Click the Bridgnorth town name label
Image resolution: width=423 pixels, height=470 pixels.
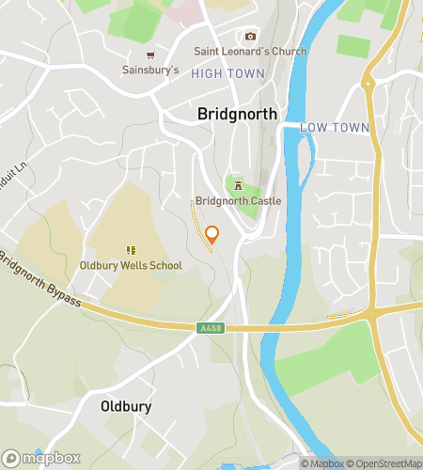[x=238, y=114]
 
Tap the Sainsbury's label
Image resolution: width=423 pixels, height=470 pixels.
[x=150, y=70]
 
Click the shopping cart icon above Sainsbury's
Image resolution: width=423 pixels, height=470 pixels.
[x=150, y=55]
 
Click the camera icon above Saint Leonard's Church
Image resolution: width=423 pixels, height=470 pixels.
[x=250, y=36]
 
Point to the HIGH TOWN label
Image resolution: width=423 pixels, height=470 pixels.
[x=227, y=72]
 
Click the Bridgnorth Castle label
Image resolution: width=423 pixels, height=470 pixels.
[x=238, y=201]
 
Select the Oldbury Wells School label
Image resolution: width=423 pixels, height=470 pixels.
[x=131, y=265]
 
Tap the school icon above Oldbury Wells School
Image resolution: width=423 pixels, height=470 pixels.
[x=131, y=250]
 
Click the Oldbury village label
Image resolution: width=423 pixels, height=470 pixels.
[x=125, y=407]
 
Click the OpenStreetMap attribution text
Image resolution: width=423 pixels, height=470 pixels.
[x=384, y=462]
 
